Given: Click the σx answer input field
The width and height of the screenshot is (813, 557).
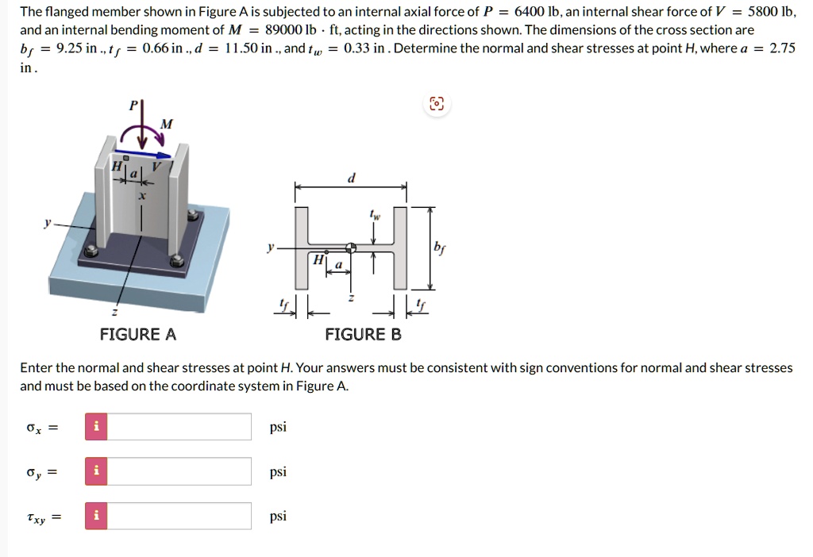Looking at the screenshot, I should tap(179, 427).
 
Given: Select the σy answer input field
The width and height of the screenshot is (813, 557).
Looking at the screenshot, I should tap(179, 471).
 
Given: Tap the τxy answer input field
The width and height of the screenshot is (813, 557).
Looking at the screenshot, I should tap(179, 516).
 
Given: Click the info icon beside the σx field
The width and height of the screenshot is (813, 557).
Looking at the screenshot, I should tap(96, 427).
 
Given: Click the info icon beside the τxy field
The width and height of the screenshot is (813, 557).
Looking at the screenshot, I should tap(96, 516).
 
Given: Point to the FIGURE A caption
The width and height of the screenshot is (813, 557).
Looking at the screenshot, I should tap(138, 334).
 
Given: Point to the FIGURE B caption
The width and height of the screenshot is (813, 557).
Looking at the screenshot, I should tap(363, 334).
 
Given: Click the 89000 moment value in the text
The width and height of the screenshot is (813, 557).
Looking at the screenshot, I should tap(285, 30).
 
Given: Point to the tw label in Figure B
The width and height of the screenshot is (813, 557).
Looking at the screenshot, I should tap(373, 214).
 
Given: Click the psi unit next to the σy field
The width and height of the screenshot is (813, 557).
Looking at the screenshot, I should tap(278, 471).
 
